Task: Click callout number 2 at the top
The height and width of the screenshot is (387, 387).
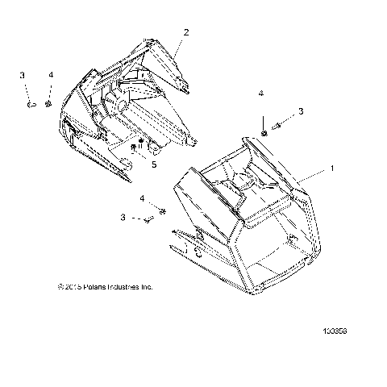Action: [186, 32]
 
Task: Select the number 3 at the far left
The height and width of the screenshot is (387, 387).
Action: [23, 75]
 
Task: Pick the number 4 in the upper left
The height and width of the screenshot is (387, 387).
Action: [51, 75]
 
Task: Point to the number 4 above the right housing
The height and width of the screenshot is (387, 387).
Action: [260, 94]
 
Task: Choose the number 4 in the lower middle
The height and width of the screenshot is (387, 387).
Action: [143, 198]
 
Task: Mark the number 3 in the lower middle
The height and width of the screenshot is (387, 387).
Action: [123, 217]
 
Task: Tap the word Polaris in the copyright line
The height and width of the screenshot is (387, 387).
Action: [91, 286]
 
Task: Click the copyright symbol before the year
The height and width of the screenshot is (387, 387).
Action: [59, 286]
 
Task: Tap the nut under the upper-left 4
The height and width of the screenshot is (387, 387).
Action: [49, 103]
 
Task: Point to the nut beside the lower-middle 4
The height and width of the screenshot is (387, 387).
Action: [162, 210]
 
